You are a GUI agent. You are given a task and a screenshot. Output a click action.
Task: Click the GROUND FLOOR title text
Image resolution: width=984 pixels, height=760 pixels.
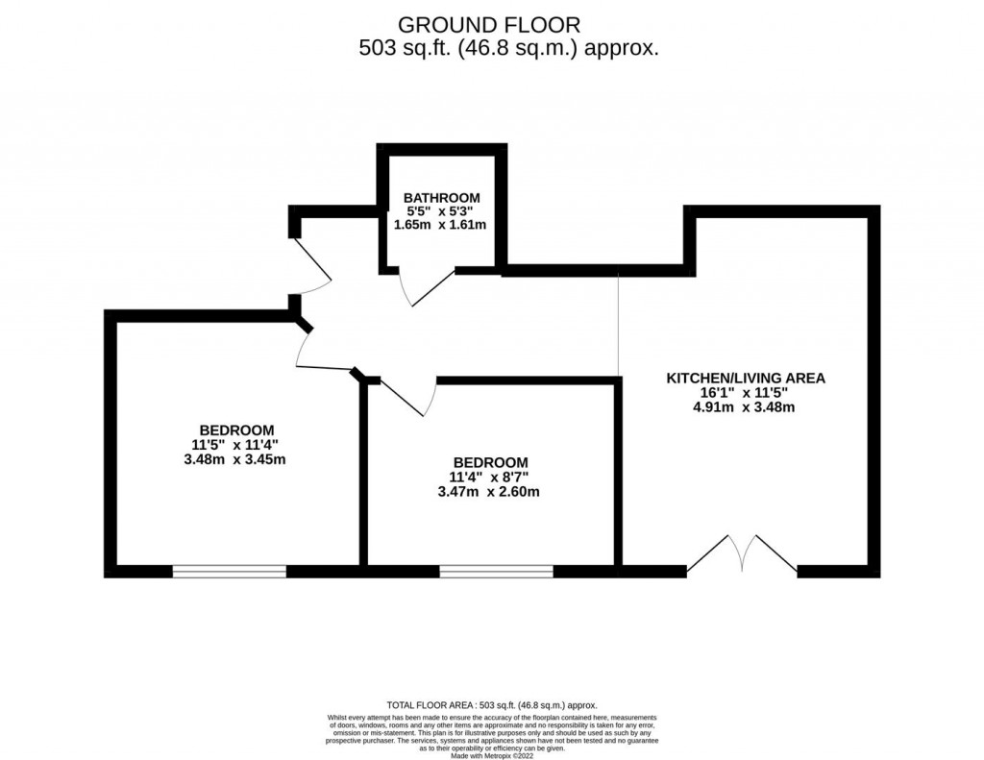[x=489, y=23]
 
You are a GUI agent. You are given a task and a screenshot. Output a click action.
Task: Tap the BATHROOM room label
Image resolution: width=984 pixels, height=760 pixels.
[x=441, y=197]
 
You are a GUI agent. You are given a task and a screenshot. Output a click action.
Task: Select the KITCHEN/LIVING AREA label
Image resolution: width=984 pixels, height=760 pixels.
[x=746, y=378]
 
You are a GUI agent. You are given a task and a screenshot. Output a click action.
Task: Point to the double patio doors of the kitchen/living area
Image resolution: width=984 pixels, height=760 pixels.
[x=741, y=557]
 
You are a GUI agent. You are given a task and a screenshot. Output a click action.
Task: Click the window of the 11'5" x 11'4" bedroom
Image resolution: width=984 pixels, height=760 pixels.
[x=230, y=572]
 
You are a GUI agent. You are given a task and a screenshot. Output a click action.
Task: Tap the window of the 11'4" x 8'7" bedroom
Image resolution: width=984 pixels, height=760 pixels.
[x=496, y=572]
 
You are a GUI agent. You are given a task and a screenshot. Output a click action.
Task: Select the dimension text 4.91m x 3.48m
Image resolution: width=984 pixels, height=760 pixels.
[x=746, y=406]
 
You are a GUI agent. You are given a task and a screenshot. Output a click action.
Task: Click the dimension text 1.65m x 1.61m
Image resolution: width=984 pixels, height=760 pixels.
[x=441, y=225]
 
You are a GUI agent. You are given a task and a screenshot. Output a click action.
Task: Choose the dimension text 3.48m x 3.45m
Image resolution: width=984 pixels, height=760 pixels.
[x=236, y=458]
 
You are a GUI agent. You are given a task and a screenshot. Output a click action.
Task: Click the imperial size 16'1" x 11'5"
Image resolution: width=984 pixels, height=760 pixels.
[x=746, y=392]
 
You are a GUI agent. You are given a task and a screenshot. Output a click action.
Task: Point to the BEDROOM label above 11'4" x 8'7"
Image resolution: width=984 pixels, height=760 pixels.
[x=491, y=462]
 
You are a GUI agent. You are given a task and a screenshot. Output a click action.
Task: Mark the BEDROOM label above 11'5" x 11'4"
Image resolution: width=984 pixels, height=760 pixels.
[x=236, y=429]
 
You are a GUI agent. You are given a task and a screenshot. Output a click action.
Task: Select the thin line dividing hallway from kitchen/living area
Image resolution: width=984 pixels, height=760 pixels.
[x=618, y=327]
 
